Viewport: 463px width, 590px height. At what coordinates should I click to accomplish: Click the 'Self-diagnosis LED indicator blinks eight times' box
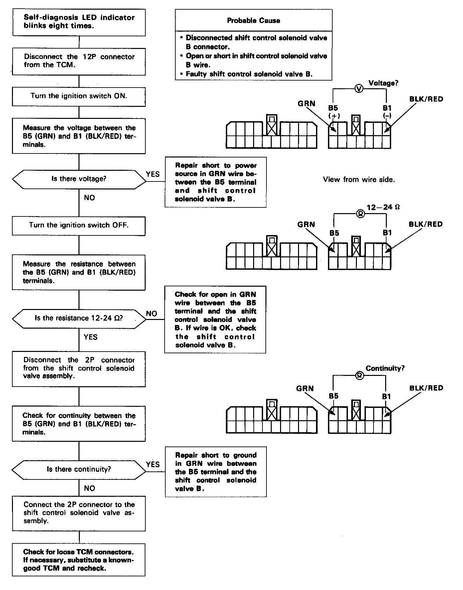point(79,22)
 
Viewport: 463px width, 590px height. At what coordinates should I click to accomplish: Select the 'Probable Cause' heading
point(253,21)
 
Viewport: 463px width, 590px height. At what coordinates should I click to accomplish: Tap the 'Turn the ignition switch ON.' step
point(79,96)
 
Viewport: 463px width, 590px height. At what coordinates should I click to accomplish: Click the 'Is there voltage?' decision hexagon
point(79,179)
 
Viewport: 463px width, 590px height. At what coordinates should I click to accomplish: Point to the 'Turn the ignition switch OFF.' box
point(79,225)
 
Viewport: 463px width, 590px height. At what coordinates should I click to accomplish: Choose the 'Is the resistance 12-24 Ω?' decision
point(79,318)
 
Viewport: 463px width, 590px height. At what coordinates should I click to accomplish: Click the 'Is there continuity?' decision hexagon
point(79,469)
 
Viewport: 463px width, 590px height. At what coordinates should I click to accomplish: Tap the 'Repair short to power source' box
point(216,182)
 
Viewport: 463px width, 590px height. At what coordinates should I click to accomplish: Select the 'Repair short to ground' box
point(216,472)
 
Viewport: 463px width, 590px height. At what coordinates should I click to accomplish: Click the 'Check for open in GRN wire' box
point(215,319)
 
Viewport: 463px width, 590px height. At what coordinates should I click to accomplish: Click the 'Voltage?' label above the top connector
point(383,83)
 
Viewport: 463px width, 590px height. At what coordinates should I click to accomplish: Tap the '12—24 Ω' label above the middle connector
point(383,207)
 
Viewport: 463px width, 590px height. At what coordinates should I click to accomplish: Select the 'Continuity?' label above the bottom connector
point(385,368)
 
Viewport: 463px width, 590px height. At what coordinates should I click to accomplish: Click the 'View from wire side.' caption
point(359,180)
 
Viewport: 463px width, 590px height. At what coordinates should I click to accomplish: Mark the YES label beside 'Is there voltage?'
point(153,174)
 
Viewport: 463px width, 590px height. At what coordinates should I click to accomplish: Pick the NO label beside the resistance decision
point(152,314)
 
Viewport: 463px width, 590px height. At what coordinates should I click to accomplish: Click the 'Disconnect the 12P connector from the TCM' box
point(79,61)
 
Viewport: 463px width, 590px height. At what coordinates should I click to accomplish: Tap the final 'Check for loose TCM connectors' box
point(79,560)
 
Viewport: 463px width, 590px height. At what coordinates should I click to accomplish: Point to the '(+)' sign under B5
point(334,116)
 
